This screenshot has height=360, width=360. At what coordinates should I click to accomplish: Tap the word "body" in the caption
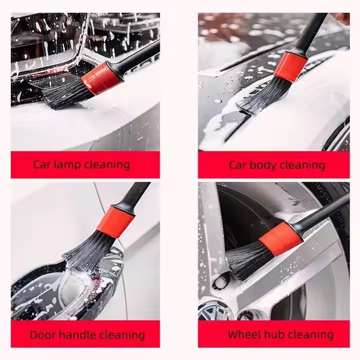click(264, 165)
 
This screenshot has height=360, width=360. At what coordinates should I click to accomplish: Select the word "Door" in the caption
click(42, 334)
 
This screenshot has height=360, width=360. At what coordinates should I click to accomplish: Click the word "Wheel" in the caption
click(243, 334)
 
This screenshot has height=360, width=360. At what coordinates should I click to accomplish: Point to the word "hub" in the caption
click(273, 334)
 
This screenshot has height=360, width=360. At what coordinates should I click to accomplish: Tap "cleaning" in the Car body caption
click(301, 165)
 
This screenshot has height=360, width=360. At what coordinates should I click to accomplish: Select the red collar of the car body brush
click(290, 65)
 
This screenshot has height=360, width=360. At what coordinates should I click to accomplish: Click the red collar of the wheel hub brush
click(280, 238)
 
